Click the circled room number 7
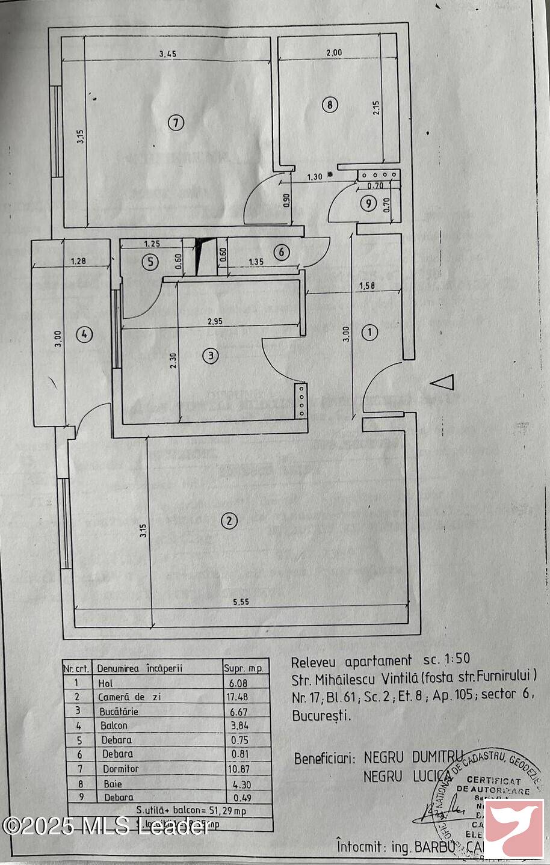tap(175, 123)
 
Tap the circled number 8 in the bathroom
tap(329, 105)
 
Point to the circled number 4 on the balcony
tap(85, 334)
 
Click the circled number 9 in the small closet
tap(369, 204)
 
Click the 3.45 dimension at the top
tap(168, 54)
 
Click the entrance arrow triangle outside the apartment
tap(443, 383)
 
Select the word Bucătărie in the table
tap(118, 711)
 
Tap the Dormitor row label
tap(120, 769)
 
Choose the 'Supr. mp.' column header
tap(243, 668)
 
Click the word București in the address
tap(321, 716)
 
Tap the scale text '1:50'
tap(456, 660)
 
